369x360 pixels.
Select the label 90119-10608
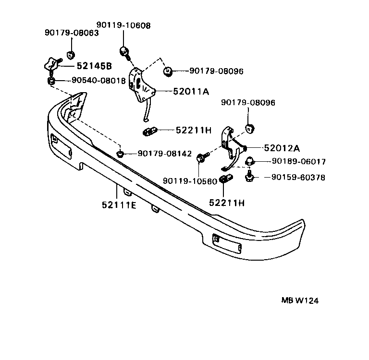[123, 25]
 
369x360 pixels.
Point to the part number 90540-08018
[98, 81]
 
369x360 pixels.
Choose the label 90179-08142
[165, 154]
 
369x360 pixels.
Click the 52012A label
[282, 148]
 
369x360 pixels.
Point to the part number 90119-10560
[190, 181]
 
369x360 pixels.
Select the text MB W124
[300, 301]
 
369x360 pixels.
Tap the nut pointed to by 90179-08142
[121, 154]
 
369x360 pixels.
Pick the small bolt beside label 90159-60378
[249, 177]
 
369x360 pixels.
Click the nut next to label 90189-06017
[249, 161]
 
